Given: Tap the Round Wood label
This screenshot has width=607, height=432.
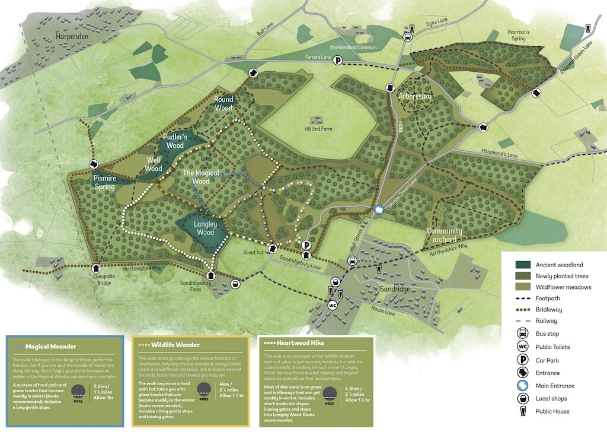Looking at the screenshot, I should (223, 104).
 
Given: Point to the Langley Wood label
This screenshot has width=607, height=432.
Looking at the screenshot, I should (205, 228).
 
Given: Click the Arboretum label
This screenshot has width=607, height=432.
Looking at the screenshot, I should (416, 96).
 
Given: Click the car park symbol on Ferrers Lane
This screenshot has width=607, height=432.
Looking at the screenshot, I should (337, 59).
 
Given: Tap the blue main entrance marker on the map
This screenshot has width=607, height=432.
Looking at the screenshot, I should (379, 209).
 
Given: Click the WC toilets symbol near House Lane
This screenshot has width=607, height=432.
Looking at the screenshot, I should (333, 306).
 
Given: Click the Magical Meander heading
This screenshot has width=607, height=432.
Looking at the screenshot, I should (50, 347).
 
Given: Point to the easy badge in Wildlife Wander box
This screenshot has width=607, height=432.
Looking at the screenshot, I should (204, 392).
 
